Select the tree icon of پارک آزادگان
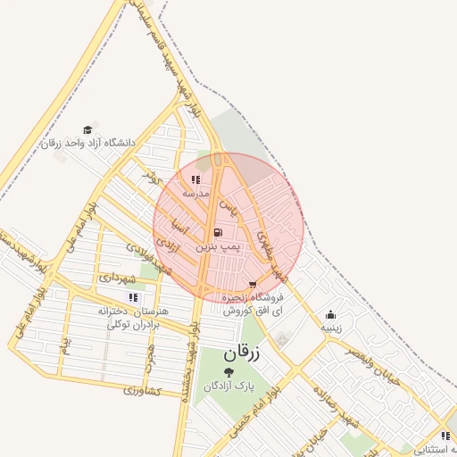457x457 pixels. point(229,371)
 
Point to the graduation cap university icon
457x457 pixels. point(87,129)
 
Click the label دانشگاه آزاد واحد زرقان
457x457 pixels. point(88,143)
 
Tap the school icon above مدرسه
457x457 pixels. point(195,179)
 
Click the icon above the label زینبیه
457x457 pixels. point(330,314)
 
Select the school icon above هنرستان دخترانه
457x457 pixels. point(133,297)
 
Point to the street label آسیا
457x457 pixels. point(179,228)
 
